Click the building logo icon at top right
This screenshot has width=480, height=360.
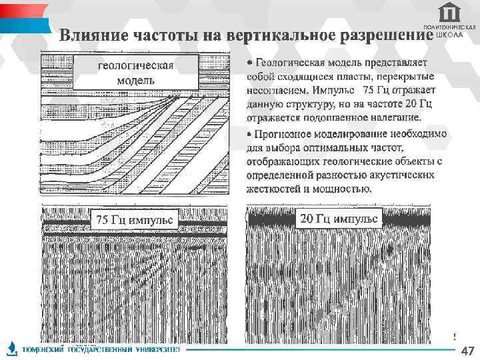click(449, 13)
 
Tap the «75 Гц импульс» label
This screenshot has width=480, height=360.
click(134, 219)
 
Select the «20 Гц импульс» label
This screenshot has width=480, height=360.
click(339, 218)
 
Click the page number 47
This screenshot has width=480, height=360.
click(467, 351)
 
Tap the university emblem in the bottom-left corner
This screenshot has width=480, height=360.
click(11, 348)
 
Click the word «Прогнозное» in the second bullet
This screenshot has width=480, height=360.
click(285, 133)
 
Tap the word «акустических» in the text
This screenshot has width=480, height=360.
click(405, 175)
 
